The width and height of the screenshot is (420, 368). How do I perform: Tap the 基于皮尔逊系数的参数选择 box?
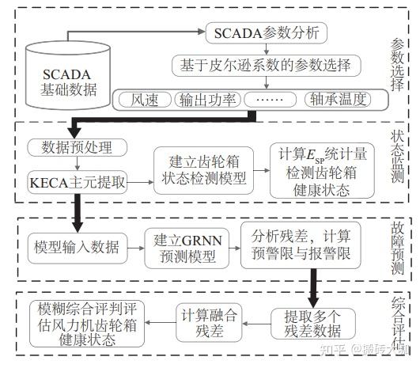coord(266,65)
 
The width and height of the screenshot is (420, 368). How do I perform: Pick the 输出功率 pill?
coord(207,100)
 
